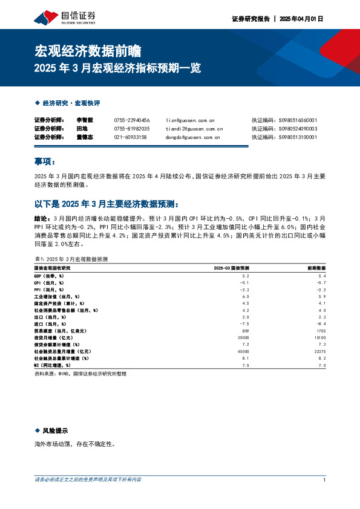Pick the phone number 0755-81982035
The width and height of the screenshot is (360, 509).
(132, 129)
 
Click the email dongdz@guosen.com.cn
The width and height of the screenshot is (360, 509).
(192, 137)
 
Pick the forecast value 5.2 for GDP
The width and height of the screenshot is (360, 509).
(245, 276)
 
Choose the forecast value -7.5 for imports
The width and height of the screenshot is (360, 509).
(244, 323)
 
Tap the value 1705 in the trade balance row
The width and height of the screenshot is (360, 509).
(321, 331)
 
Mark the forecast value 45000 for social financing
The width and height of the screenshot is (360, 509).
(243, 351)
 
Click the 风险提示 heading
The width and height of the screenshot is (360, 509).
(54, 430)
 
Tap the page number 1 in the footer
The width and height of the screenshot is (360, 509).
(325, 480)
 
